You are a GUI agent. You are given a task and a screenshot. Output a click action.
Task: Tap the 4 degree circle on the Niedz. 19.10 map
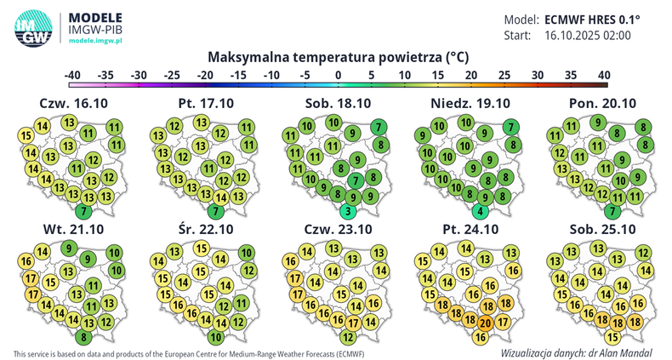[x=481, y=211]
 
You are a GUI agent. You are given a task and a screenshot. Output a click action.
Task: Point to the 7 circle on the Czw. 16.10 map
[x=83, y=211]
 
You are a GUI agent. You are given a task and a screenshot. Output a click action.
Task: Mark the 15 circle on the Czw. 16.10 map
[x=26, y=136]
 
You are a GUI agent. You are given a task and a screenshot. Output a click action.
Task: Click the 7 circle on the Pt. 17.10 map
[x=217, y=211]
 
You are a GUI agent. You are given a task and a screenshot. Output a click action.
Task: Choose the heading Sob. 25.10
[x=602, y=230]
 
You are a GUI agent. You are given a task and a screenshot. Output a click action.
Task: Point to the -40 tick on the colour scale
[x=72, y=75]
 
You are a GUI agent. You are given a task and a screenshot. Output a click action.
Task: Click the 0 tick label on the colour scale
[x=339, y=75]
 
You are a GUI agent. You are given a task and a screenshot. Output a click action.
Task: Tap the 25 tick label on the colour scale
[x=504, y=75]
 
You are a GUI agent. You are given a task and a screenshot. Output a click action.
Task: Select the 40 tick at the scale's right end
[x=604, y=75]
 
